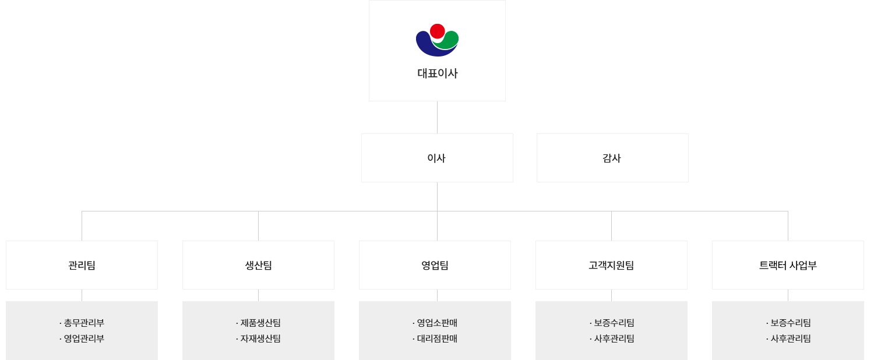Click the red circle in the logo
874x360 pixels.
[437, 31]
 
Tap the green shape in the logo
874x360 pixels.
[449, 40]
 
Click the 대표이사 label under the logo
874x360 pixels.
[437, 73]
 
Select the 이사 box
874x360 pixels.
[437, 158]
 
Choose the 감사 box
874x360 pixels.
[612, 158]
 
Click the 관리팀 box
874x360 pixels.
[82, 265]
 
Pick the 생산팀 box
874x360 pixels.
[258, 265]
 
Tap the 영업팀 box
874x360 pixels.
[435, 265]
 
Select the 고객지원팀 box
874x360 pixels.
[611, 265]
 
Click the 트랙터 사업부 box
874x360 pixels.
[788, 265]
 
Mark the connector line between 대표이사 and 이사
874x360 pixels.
[437, 117]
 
